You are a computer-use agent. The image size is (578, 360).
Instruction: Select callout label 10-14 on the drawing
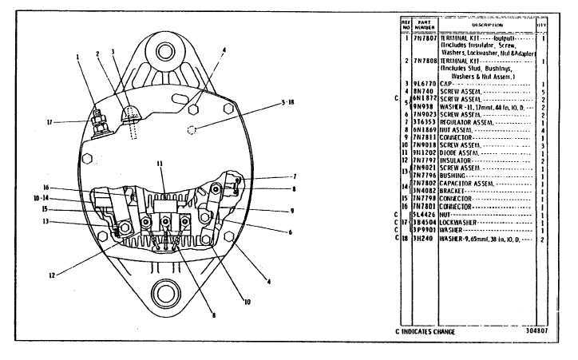point(54,197)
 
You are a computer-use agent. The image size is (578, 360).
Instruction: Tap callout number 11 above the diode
point(160,163)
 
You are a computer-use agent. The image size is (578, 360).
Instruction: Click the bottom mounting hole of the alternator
point(167,293)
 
